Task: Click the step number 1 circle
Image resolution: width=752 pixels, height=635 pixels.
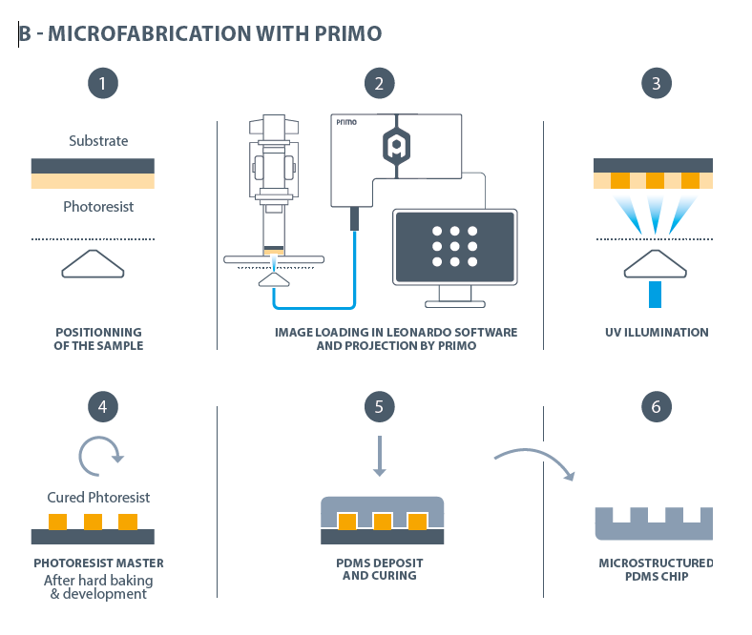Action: click(x=102, y=83)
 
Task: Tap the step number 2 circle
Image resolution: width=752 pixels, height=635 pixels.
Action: click(x=380, y=83)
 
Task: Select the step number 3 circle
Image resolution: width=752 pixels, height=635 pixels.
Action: click(x=656, y=83)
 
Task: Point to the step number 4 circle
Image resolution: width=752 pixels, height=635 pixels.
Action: click(x=102, y=407)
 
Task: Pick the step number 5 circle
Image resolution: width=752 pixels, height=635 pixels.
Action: click(x=380, y=407)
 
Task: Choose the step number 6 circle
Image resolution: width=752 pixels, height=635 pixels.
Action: click(x=656, y=407)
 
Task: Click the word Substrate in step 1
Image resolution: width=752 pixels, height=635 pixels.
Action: click(x=98, y=141)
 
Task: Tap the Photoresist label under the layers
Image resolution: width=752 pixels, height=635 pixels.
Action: click(x=97, y=206)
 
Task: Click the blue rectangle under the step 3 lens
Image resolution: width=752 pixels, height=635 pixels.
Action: click(x=655, y=294)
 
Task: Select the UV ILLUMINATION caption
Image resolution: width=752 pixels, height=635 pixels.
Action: click(x=657, y=333)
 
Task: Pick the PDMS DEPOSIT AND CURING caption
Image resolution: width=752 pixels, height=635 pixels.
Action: click(x=379, y=569)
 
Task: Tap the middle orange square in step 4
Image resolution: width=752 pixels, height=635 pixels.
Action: click(x=93, y=522)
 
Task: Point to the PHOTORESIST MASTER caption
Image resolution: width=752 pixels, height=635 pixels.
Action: click(x=99, y=563)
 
